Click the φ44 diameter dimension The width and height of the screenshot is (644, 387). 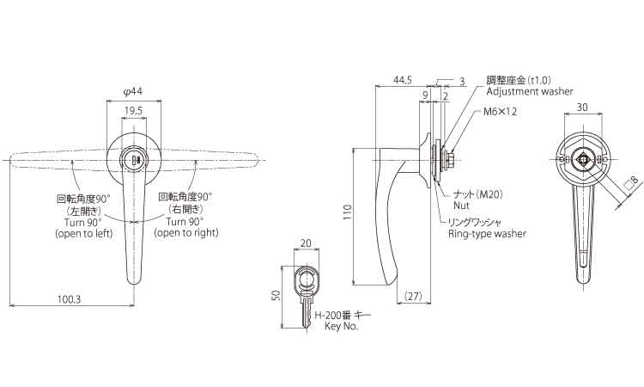[x=132, y=92]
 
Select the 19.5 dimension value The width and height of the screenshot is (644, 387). [x=133, y=111]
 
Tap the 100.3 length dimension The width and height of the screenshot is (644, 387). [x=69, y=298]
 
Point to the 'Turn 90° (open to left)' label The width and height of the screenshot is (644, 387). [x=83, y=227]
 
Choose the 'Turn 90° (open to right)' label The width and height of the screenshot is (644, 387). [x=186, y=227]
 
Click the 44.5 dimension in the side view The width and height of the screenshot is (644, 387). [x=403, y=80]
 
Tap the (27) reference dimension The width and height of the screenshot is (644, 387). [x=413, y=296]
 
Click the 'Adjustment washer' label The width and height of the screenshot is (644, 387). [x=530, y=91]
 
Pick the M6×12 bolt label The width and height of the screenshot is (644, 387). [x=500, y=112]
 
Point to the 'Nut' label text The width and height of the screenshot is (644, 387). [x=461, y=205]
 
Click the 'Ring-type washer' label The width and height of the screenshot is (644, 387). [x=487, y=234]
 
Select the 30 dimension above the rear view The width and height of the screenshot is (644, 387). [x=582, y=107]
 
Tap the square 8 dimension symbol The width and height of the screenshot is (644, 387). [x=631, y=181]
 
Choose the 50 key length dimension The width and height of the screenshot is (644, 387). [x=276, y=295]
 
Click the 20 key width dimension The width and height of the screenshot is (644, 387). [x=306, y=243]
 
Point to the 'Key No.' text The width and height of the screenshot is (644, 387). [x=341, y=327]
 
